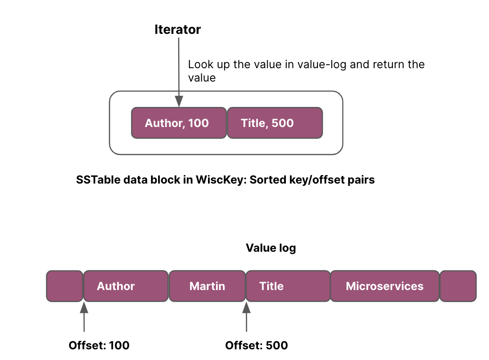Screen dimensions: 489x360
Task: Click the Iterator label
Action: [x=177, y=30]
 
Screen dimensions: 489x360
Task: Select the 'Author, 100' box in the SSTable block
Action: [x=179, y=123]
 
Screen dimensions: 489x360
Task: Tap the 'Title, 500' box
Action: [x=275, y=123]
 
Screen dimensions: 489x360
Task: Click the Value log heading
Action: [x=271, y=248]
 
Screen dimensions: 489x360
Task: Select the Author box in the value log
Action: [x=126, y=286]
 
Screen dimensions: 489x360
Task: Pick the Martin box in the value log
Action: [x=208, y=286]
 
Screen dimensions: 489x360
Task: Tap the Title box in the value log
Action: [x=288, y=286]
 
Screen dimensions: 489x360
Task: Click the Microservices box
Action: [x=385, y=286]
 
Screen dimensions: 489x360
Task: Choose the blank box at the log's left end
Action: [x=65, y=286]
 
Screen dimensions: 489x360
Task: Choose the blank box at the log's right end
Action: [x=458, y=286]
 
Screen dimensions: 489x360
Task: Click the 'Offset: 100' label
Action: [x=99, y=345]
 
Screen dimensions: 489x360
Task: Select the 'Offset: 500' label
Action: [x=257, y=345]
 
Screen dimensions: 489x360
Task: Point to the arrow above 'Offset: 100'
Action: [x=84, y=317]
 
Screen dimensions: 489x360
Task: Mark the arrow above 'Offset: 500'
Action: [x=246, y=317]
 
